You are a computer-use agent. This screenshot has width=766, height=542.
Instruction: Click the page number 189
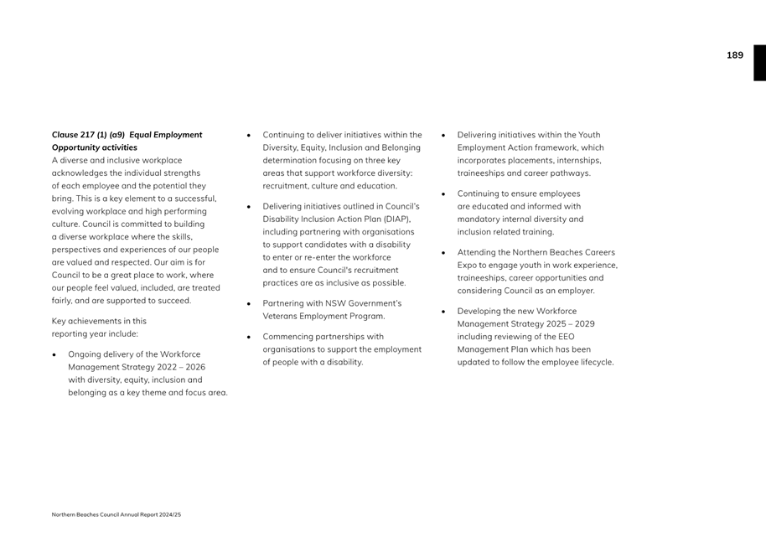pos(734,55)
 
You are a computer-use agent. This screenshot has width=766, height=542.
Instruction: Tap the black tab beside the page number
pos(759,63)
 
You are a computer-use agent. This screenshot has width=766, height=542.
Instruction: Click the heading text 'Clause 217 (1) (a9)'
pos(88,135)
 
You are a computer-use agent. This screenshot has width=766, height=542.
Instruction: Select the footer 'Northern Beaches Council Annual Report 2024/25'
pos(116,514)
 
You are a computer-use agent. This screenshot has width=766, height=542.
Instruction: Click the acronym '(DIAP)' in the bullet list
pos(396,219)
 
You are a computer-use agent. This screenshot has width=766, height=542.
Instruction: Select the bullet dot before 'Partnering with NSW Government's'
pos(249,304)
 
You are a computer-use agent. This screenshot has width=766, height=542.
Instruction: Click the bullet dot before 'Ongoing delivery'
pos(54,355)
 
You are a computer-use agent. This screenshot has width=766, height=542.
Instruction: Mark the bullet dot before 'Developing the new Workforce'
pos(443,312)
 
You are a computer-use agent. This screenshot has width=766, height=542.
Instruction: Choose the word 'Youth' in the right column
pos(589,135)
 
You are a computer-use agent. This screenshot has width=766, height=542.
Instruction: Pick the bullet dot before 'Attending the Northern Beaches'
pos(443,253)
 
